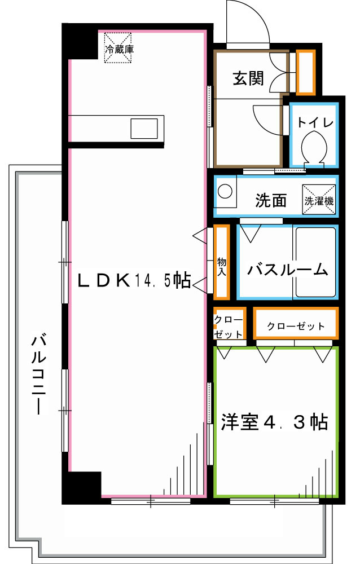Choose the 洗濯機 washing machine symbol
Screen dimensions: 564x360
318,200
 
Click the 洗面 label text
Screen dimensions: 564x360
271,200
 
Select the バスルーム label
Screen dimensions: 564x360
287,270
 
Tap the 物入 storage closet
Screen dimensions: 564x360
221,262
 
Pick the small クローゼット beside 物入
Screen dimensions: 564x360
229,326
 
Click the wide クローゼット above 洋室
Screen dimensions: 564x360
296,326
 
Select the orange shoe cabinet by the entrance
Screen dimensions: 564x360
306,72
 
